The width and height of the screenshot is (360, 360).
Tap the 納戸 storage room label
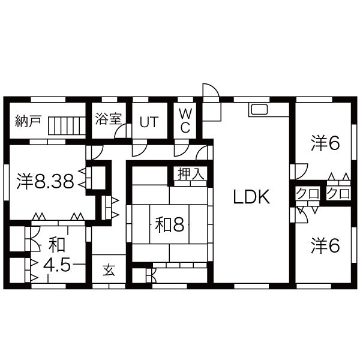[x=28, y=120]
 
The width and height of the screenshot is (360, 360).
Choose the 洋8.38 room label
[x=46, y=182]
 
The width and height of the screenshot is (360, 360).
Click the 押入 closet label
[x=191, y=174]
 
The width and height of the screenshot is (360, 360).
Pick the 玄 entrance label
[x=109, y=269]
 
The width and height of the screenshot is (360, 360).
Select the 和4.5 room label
[x=56, y=256]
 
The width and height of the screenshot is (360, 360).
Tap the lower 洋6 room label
[x=326, y=245]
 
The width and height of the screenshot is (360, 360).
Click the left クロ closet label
[x=307, y=194]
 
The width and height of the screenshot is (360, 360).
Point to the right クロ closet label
[x=339, y=194]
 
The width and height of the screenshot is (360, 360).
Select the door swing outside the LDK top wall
[x=210, y=91]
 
